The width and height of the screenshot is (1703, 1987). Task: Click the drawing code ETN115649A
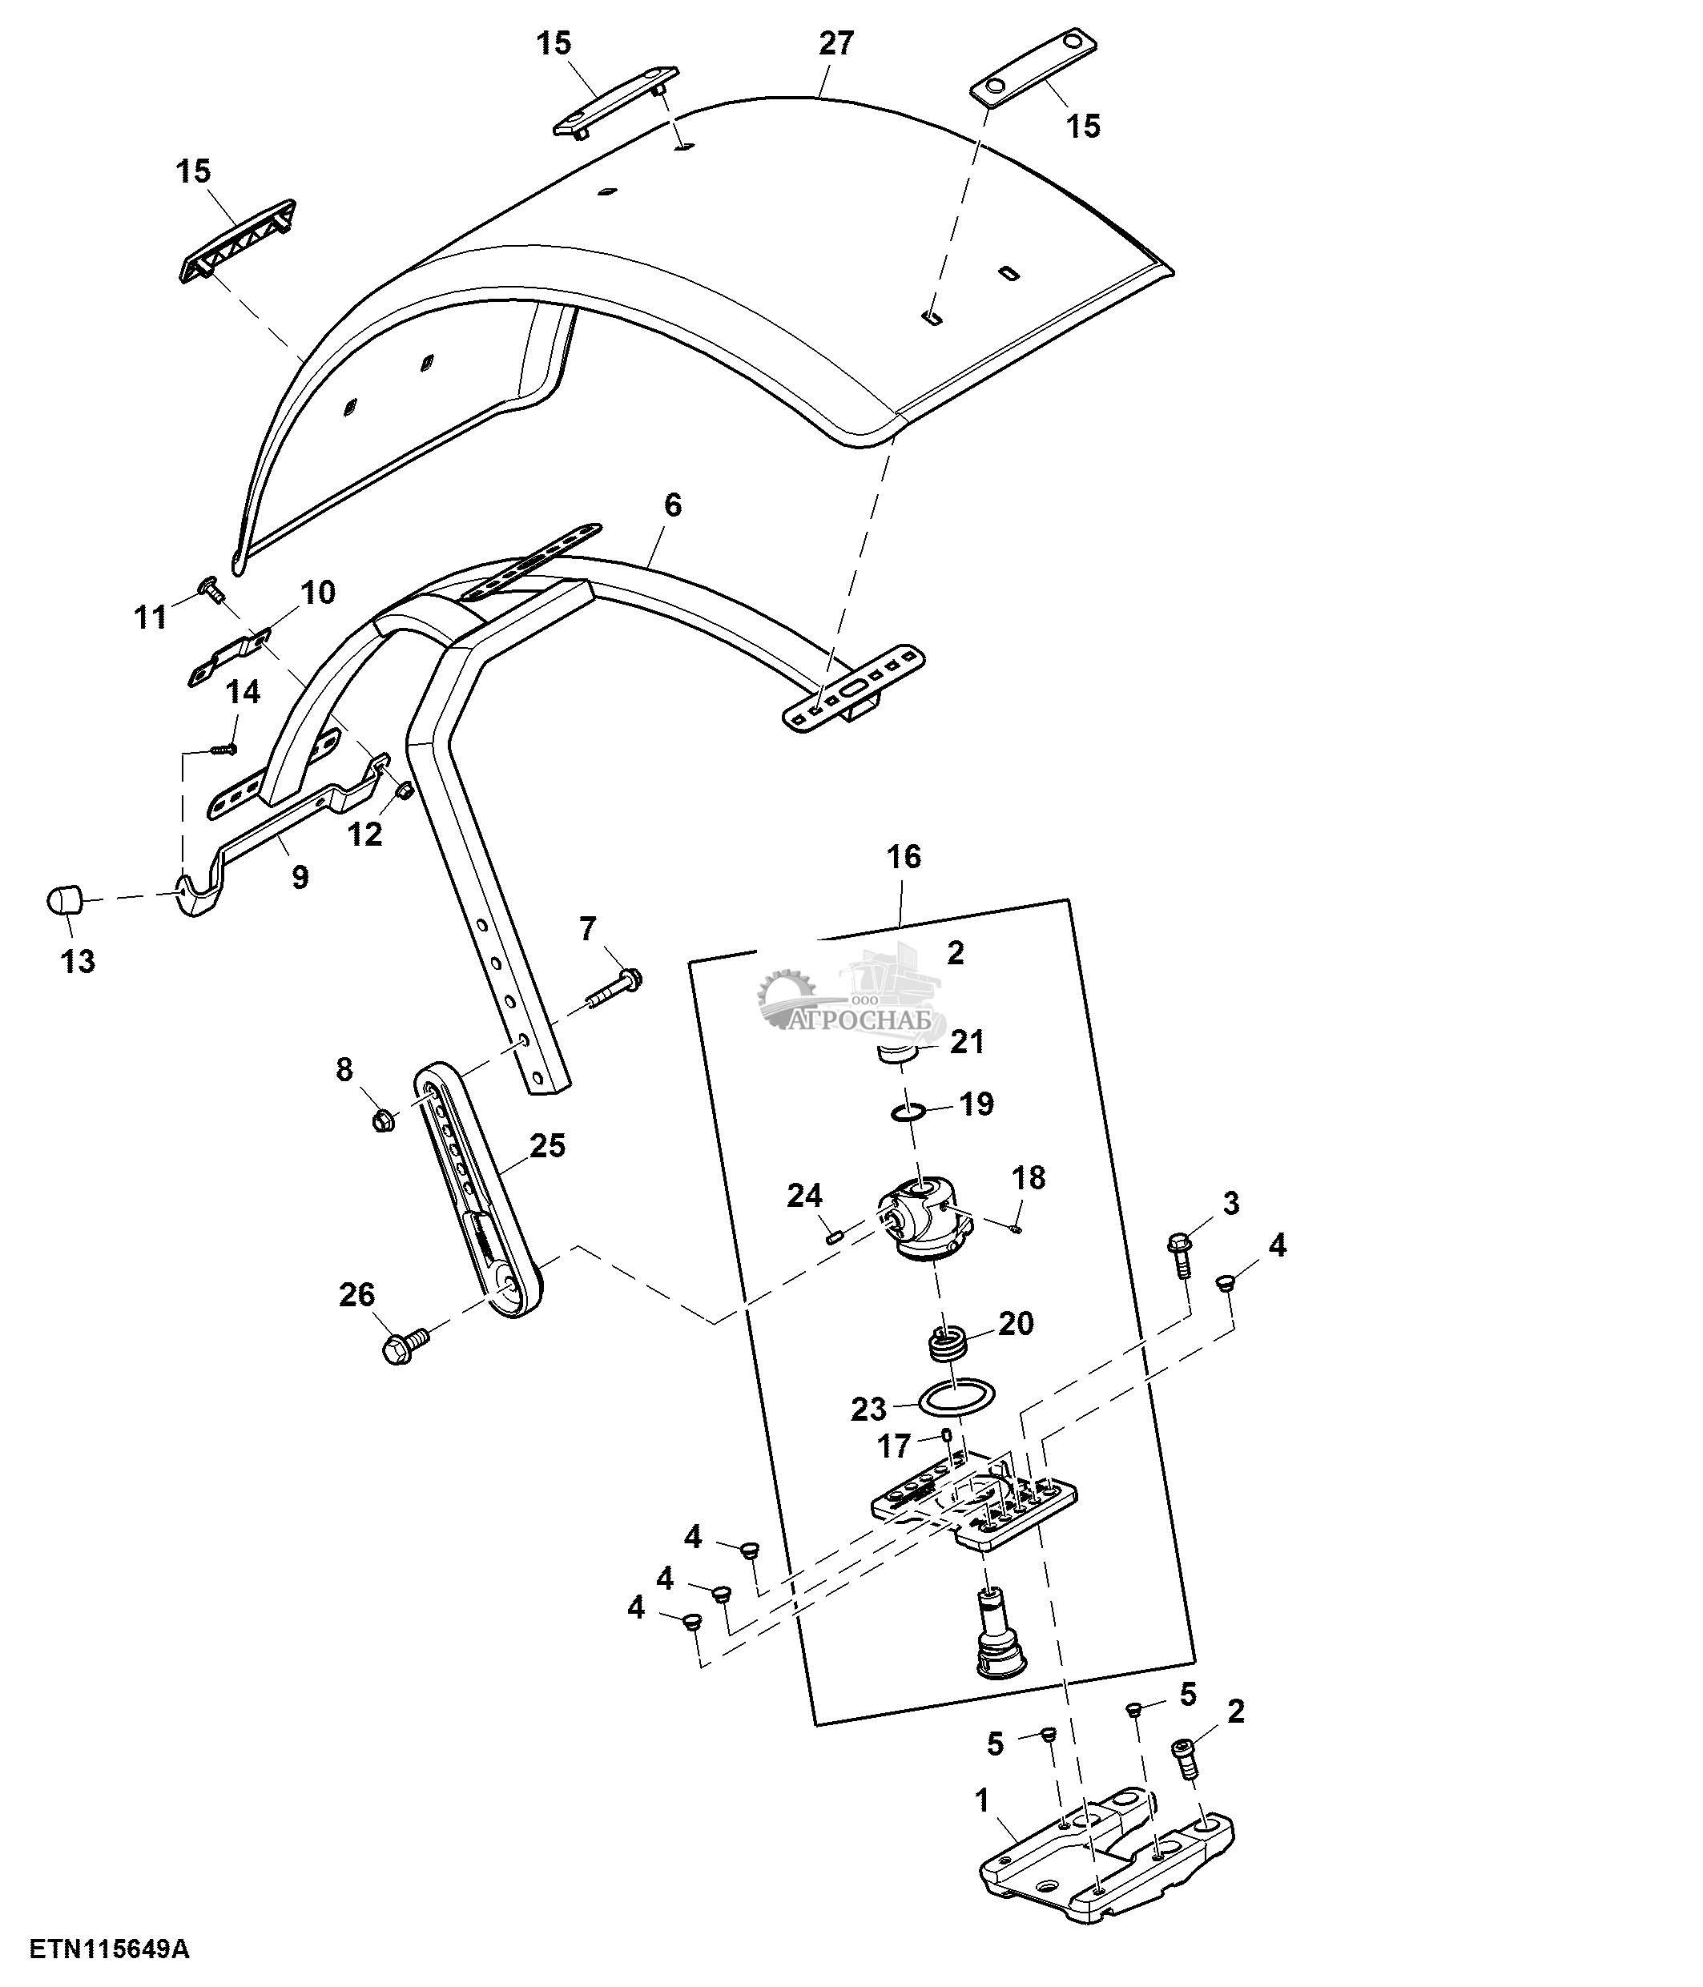point(109,1948)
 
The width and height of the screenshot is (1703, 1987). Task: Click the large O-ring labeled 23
point(956,1396)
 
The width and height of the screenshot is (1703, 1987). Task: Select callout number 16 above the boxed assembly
point(904,856)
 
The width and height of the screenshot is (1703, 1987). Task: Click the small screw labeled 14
point(223,747)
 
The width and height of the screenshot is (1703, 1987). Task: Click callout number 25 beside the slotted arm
point(548,1145)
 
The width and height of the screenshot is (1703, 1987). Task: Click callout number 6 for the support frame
point(672,505)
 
